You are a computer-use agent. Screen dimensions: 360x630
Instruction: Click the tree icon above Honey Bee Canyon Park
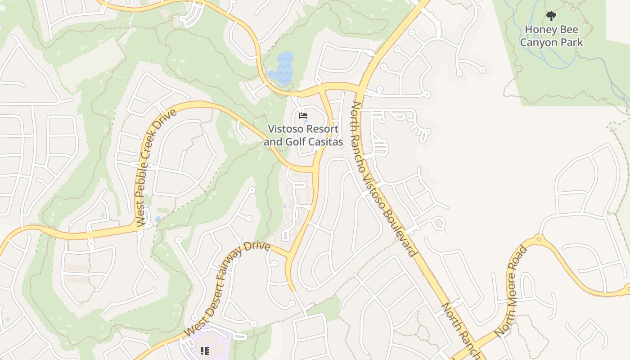click(551, 17)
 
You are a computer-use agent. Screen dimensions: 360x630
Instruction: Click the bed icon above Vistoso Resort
click(303, 116)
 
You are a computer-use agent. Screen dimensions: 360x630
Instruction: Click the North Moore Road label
click(510, 291)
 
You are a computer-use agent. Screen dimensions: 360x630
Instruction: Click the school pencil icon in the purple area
click(205, 350)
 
